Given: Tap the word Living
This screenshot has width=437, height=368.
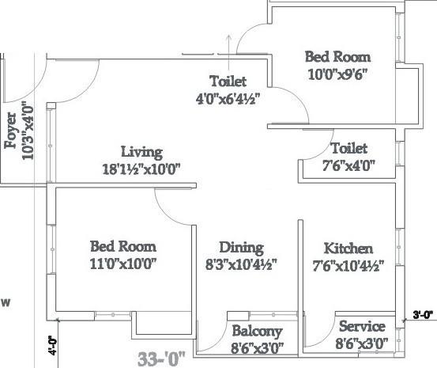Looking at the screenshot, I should coord(141,151).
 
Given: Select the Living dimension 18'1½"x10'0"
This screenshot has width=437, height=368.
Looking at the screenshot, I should coord(141,168).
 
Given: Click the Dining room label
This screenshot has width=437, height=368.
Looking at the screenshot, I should coord(241,248).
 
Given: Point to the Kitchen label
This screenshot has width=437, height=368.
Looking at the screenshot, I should coord(348,248).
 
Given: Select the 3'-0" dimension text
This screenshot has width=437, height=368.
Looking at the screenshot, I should coord(421,315).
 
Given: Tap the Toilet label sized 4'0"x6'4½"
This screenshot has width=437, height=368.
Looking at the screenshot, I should coord(228,82).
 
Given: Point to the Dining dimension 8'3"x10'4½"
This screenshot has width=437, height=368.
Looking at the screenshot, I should coord(241,264).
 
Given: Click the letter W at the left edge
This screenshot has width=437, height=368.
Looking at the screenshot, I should coord(6,302).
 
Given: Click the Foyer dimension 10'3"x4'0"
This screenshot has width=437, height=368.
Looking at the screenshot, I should coord(28,131).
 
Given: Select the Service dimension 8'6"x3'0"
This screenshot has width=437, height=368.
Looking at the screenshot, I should coord(361,343).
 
